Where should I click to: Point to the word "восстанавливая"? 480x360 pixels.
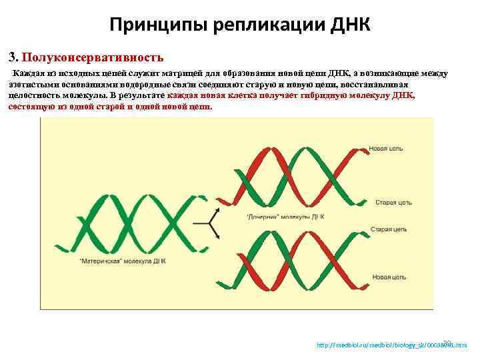390,85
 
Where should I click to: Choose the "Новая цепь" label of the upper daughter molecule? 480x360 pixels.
387,147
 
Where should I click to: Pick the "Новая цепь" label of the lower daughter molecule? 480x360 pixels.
387,276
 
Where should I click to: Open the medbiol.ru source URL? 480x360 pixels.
390,345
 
